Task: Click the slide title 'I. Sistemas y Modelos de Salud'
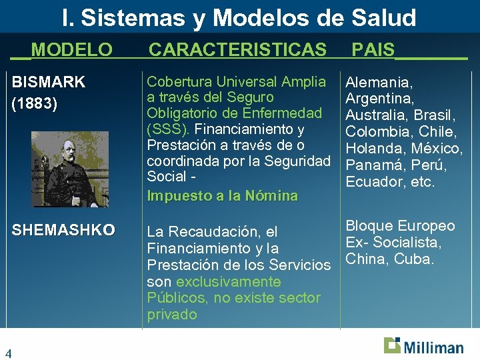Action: point(239,17)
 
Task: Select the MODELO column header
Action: point(72,49)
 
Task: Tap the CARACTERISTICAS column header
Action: point(237,49)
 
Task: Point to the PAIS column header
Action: point(373,49)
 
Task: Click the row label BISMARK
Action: point(49,83)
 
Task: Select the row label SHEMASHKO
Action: point(63,231)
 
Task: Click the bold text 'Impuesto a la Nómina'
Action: point(222,196)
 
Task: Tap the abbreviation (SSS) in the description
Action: point(168,129)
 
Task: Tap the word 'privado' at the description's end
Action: point(172,315)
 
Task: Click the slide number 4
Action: point(9,353)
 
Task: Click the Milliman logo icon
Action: point(393,345)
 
